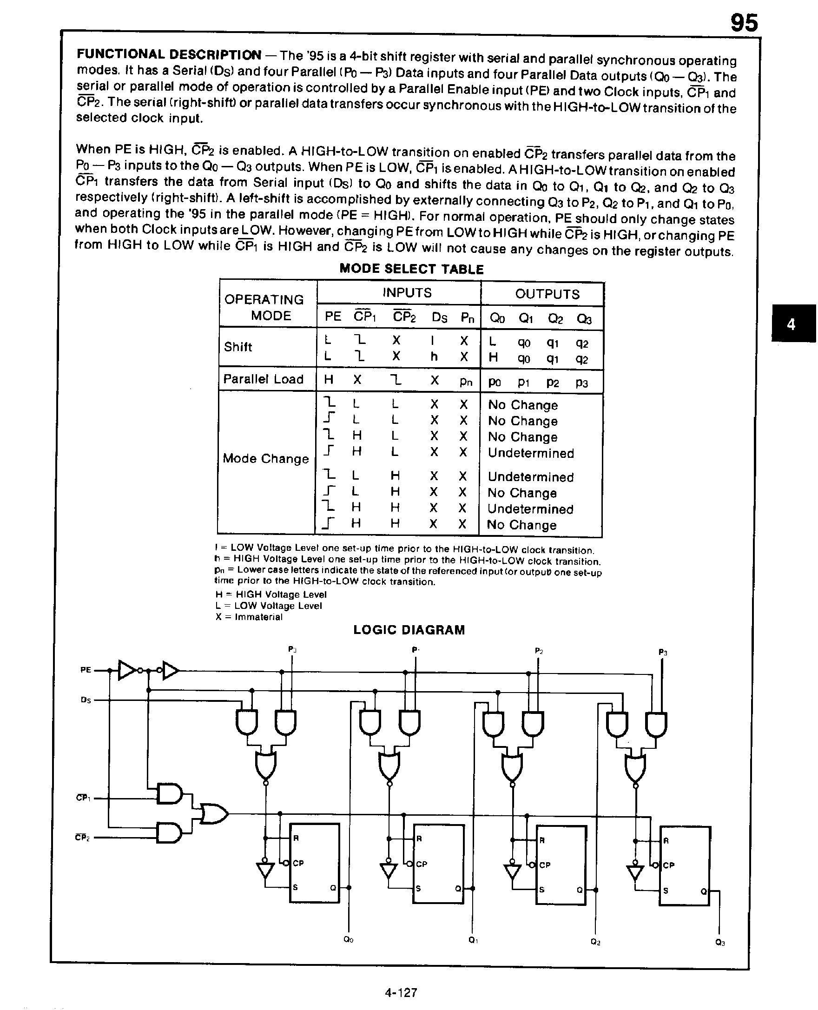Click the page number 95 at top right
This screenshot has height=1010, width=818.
pyautogui.click(x=744, y=23)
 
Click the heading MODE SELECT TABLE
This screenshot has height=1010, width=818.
pyautogui.click(x=411, y=269)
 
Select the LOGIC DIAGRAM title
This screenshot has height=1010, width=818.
pyautogui.click(x=409, y=630)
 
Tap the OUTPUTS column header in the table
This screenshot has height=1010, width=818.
pyautogui.click(x=547, y=294)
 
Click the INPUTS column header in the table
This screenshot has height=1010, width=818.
pyautogui.click(x=407, y=293)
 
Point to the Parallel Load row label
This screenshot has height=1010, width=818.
pyautogui.click(x=263, y=379)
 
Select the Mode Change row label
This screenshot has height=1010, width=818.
pyautogui.click(x=266, y=459)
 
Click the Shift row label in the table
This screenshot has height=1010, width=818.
pyautogui.click(x=238, y=347)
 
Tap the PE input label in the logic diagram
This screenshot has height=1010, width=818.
pyautogui.click(x=86, y=670)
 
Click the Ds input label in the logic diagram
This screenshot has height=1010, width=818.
pyautogui.click(x=86, y=700)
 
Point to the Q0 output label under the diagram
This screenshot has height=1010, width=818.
pyautogui.click(x=348, y=940)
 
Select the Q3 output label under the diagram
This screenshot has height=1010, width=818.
pyautogui.click(x=719, y=943)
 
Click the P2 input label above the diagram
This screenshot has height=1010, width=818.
pyautogui.click(x=539, y=651)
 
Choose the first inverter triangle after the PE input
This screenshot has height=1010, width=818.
pyautogui.click(x=127, y=670)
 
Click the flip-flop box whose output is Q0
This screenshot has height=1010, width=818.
pyautogui.click(x=314, y=863)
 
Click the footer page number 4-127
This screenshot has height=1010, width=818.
pyautogui.click(x=401, y=993)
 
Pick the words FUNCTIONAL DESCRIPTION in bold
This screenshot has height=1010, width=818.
pyautogui.click(x=169, y=55)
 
